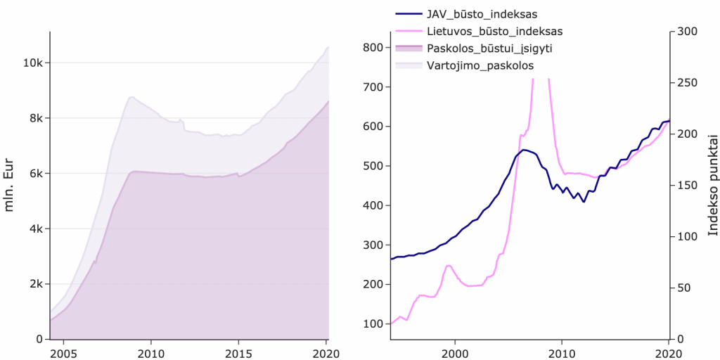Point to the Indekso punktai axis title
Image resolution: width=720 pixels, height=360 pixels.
click(712, 185)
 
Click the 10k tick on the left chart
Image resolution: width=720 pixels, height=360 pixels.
click(34, 63)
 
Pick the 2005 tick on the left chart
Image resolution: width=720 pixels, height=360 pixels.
click(63, 352)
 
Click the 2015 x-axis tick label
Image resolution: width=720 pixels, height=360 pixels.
click(239, 352)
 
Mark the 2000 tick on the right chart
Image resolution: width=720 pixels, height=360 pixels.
click(455, 352)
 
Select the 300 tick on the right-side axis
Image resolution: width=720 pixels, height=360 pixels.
click(686, 31)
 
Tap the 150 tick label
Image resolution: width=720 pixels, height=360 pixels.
click(686, 185)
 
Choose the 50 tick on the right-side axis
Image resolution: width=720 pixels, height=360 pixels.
click(683, 288)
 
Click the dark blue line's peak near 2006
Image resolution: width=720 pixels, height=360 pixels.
click(524, 150)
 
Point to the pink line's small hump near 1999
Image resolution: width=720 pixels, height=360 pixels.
click(449, 265)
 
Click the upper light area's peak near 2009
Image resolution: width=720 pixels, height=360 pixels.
click(131, 97)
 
